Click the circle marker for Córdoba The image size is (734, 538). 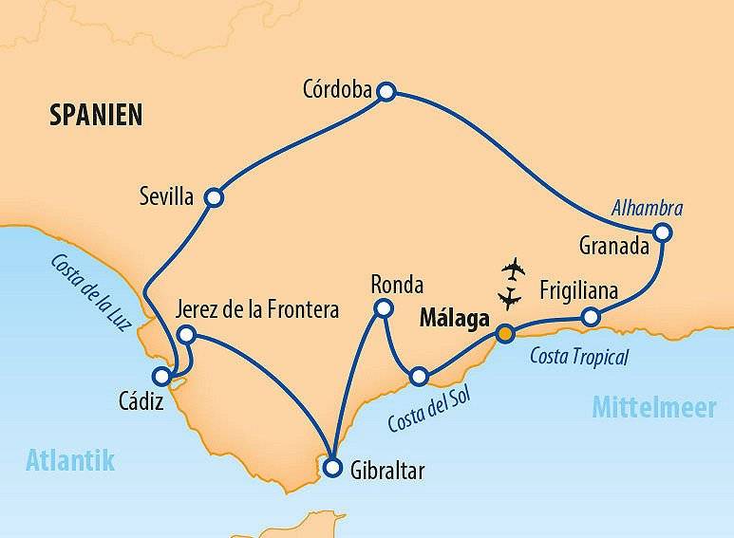pyautogui.click(x=386, y=91)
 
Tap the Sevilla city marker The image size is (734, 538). pyautogui.click(x=215, y=197)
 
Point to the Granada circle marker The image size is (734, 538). pyautogui.click(x=663, y=232)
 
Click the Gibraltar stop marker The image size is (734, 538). pyautogui.click(x=331, y=467)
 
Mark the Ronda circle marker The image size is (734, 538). pyautogui.click(x=383, y=307)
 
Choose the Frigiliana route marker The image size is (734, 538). pyautogui.click(x=590, y=316)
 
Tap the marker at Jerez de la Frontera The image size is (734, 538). pyautogui.click(x=187, y=334)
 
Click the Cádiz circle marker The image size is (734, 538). pyautogui.click(x=162, y=376)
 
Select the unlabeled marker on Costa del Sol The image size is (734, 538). pyautogui.click(x=419, y=378)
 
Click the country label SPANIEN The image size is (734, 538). pyautogui.click(x=96, y=116)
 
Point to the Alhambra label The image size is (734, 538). pyautogui.click(x=648, y=208)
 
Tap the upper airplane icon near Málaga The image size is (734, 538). pyautogui.click(x=514, y=269)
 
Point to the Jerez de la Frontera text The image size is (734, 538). pyautogui.click(x=257, y=310)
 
